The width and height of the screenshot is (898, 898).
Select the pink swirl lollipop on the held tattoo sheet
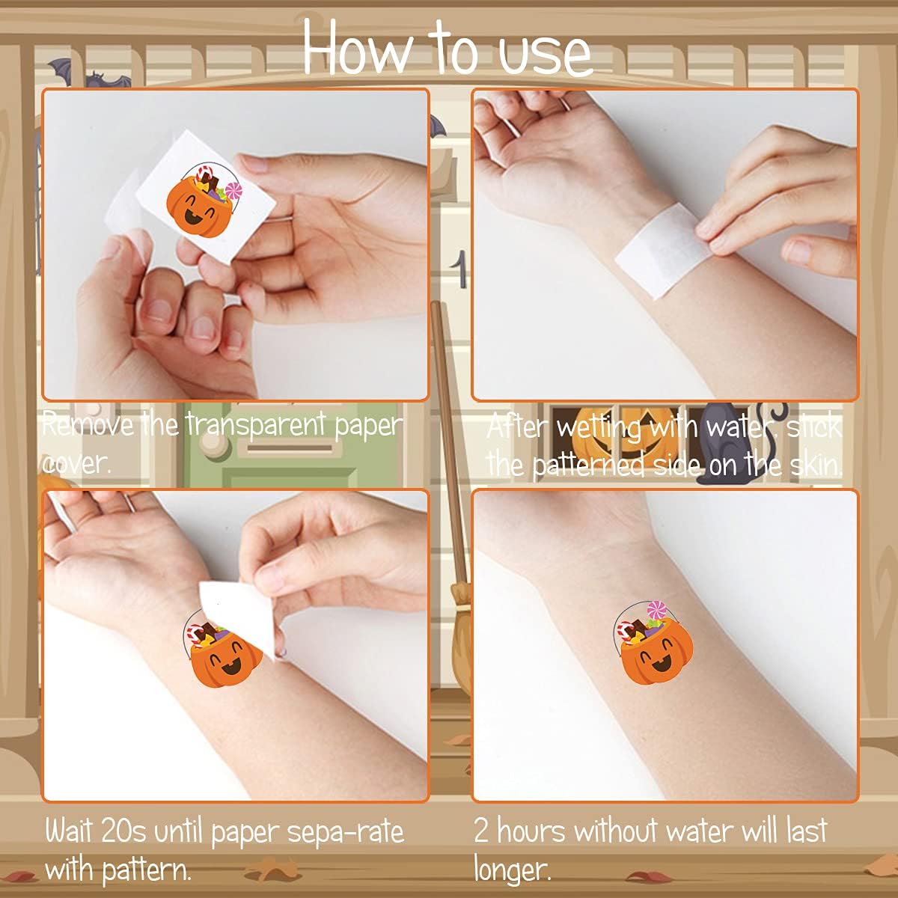click(x=233, y=190)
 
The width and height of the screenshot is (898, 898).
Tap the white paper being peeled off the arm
click(x=238, y=615)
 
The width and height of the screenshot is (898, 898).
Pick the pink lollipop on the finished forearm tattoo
click(x=657, y=609)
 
